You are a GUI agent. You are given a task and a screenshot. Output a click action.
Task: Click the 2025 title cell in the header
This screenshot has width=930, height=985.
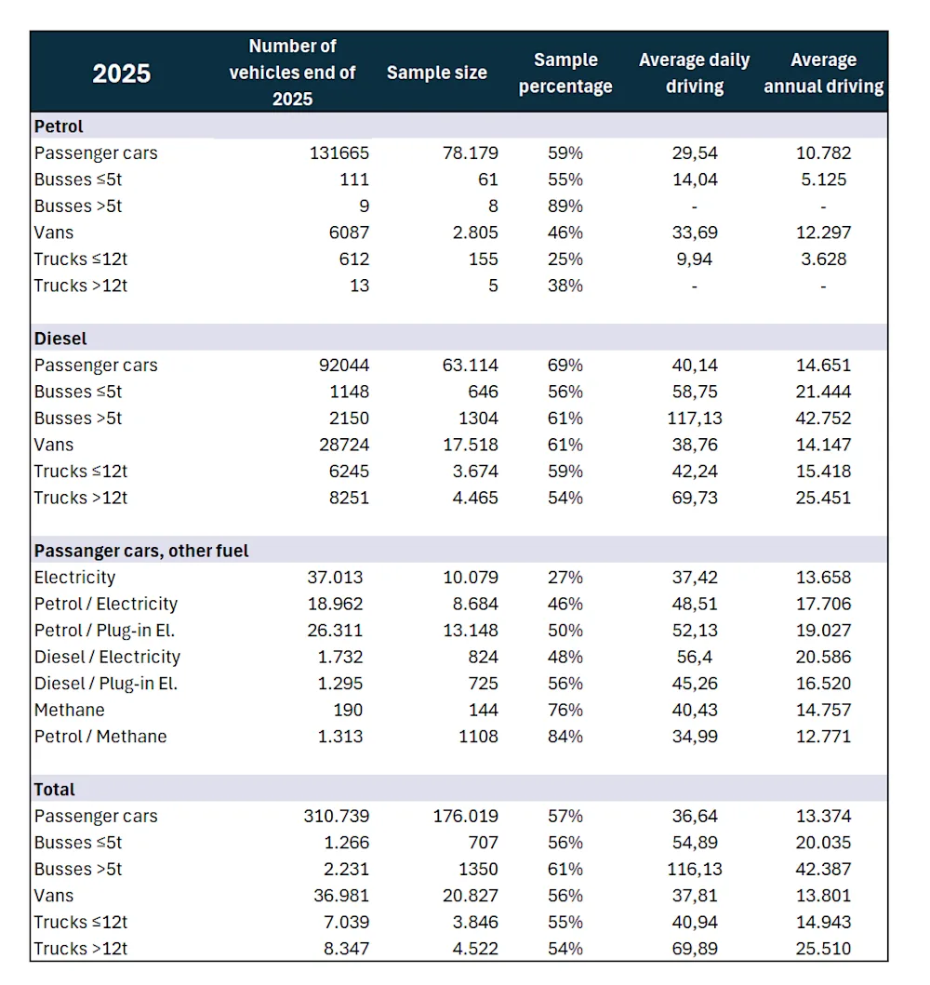[122, 73]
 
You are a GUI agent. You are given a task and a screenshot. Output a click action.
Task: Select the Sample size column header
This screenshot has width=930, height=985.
[436, 73]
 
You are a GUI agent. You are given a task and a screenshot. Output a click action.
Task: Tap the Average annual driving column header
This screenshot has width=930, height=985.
[823, 73]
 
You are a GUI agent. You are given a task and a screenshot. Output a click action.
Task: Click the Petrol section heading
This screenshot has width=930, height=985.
[59, 126]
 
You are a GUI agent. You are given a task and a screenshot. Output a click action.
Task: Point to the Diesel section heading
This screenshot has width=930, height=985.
[60, 339]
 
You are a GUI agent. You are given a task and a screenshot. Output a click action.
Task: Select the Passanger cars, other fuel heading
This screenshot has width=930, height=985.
[141, 551]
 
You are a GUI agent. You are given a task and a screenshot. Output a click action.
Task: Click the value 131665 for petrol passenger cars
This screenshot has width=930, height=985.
[339, 153]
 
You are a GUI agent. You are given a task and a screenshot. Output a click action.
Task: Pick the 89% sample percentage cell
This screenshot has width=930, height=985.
[565, 206]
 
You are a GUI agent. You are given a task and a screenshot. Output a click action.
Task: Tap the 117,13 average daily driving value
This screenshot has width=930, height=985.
[694, 418]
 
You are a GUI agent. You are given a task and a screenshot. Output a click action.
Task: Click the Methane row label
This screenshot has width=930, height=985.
[69, 710]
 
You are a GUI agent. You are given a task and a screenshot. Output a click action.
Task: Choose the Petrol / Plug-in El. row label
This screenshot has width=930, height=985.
[105, 630]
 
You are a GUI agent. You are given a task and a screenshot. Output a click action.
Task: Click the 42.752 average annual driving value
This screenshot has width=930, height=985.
[823, 418]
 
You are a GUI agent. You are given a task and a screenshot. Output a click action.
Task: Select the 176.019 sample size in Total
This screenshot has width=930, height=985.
[465, 816]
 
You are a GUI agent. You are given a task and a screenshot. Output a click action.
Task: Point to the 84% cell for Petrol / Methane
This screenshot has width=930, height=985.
[565, 736]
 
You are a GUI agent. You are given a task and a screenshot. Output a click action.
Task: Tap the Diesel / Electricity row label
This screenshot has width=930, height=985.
[107, 657]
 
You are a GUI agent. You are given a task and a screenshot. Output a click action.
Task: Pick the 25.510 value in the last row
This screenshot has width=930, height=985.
[823, 949]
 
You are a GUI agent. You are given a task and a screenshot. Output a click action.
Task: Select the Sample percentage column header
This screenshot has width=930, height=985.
[565, 73]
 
